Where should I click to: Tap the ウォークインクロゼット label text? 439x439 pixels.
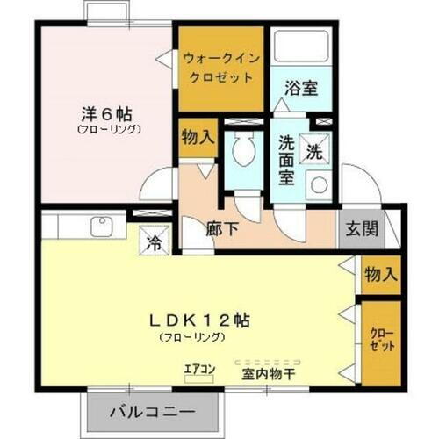[x=220, y=68]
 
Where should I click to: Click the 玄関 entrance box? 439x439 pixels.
[x=360, y=230]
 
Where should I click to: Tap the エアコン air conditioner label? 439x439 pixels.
[x=199, y=370]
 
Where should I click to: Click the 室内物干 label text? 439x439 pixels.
[x=270, y=373]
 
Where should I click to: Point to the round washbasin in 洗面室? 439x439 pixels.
[x=319, y=185]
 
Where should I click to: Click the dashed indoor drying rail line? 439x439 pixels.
[x=270, y=359]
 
